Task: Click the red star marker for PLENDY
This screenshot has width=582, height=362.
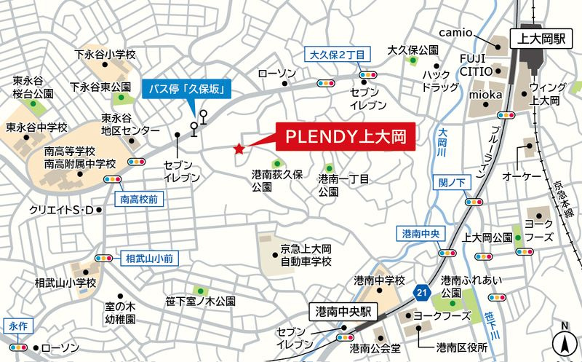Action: [239, 149]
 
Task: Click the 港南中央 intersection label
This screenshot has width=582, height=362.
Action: [421, 234]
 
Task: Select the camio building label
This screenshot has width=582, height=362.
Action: [458, 33]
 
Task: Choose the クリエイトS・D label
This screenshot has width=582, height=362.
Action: [62, 210]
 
